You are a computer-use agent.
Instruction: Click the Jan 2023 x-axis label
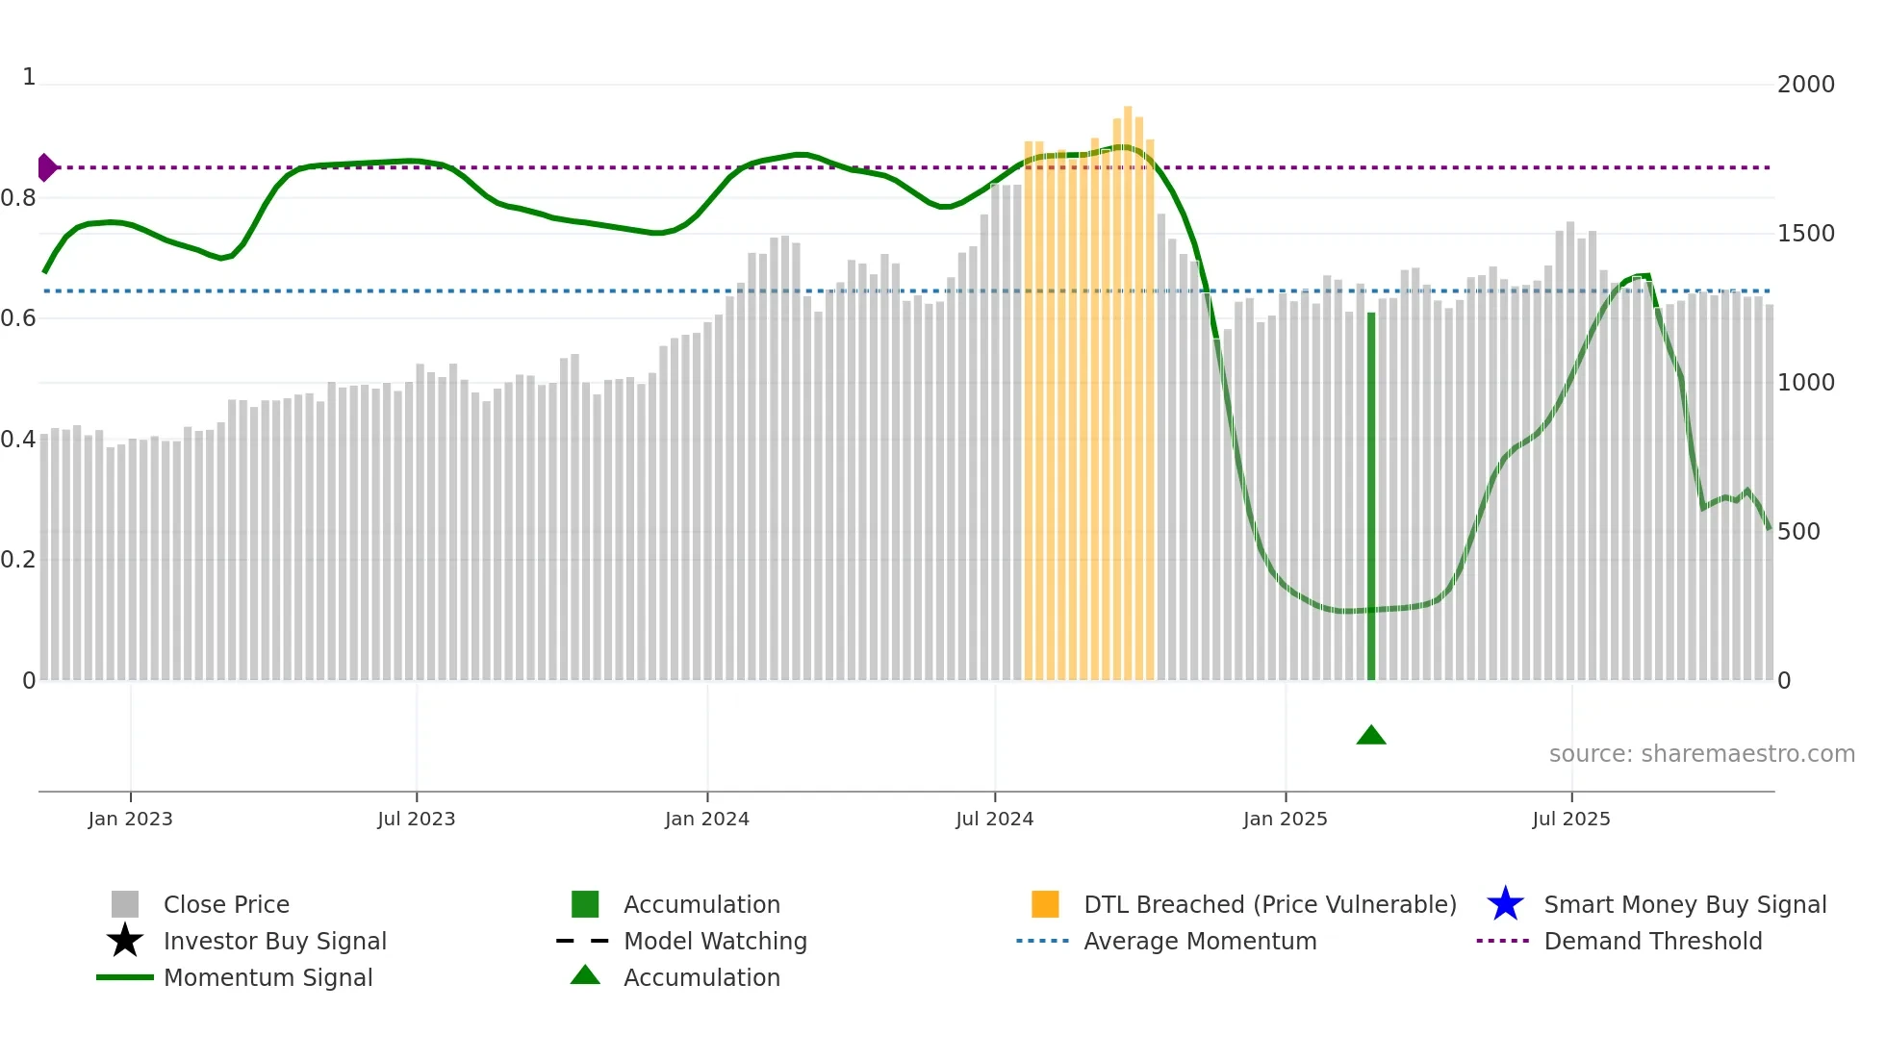pos(130,819)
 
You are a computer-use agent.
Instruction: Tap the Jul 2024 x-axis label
pos(994,819)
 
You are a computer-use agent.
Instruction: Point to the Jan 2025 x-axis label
pos(1285,819)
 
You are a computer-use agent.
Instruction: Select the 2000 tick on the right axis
pos(1805,85)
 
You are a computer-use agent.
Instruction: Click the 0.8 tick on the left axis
pos(19,198)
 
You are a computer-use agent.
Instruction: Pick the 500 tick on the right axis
pos(1798,532)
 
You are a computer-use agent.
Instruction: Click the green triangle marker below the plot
pos(1370,736)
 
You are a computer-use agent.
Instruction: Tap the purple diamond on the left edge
pos(46,167)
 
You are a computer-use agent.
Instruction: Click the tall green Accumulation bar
pos(1371,495)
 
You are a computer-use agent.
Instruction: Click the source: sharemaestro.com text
pos(1701,754)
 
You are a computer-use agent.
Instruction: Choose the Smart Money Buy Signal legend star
pos(1505,904)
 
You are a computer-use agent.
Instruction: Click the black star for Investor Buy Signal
pos(125,941)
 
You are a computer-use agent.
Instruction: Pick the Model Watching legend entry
pos(715,941)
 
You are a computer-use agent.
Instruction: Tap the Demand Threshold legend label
pos(1652,941)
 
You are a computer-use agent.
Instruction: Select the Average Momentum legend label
pos(1199,941)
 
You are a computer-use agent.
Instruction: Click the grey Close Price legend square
pos(125,904)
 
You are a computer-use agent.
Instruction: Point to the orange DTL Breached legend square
pos(1045,904)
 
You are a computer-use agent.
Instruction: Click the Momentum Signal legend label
pos(268,977)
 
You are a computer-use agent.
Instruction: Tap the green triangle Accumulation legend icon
pos(585,975)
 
